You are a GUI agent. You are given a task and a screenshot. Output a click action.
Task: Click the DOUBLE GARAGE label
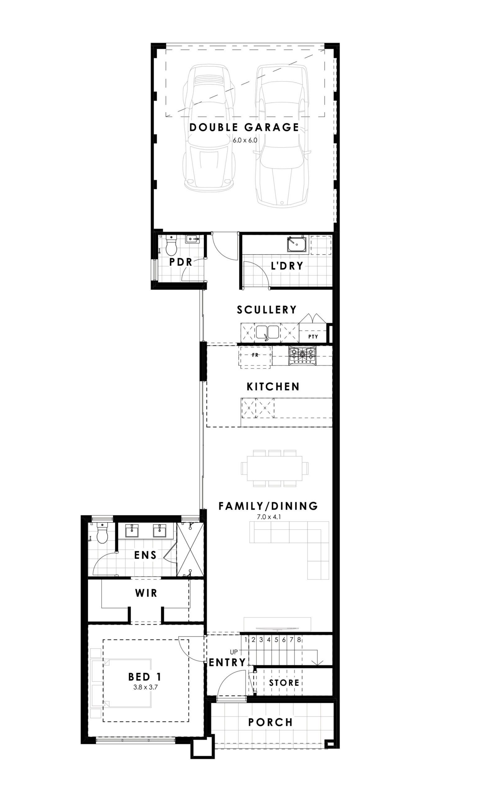point(244,127)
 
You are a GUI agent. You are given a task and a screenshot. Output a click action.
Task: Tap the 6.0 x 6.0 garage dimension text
point(245,140)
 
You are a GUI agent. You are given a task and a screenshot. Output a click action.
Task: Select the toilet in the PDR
point(171,245)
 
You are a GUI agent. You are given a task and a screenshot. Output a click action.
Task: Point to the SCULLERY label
point(267,310)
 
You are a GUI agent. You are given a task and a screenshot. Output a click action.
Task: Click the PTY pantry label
point(313,336)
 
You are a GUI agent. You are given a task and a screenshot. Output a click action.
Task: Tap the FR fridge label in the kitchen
point(255,355)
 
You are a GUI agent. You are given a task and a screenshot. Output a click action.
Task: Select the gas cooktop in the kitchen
point(302,355)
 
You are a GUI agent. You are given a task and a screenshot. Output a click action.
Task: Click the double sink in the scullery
point(267,332)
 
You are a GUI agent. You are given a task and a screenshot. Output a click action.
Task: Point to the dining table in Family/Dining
point(275,468)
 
